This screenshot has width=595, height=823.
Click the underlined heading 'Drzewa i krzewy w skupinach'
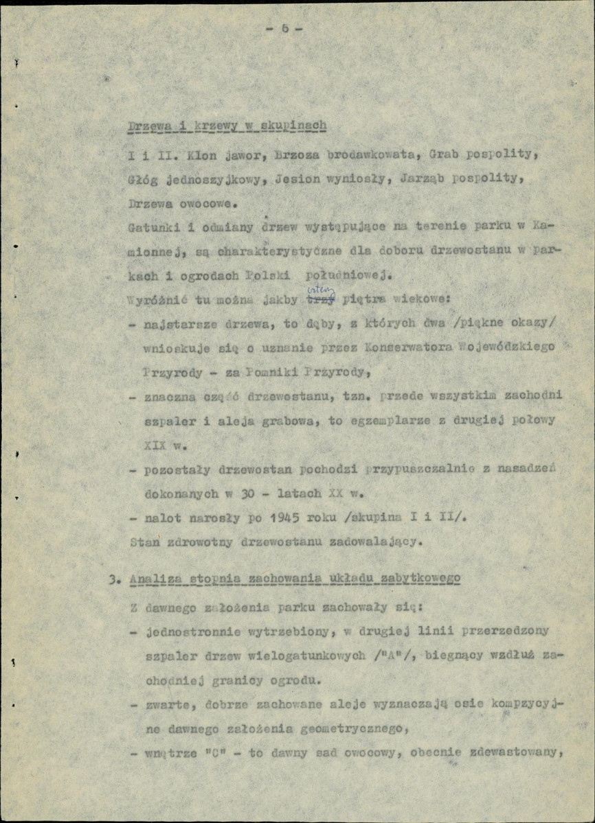coord(226,126)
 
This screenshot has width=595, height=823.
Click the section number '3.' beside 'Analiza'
coord(114,579)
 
